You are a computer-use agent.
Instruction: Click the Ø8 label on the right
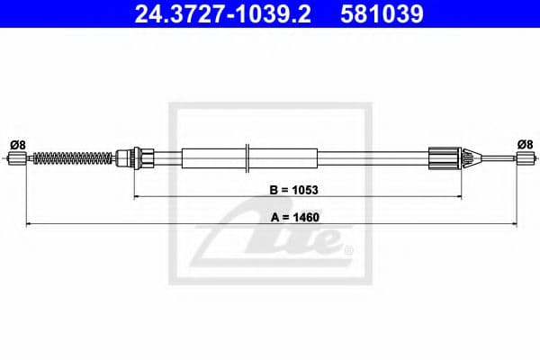click(525, 143)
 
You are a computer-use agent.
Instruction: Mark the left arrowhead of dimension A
click(28, 222)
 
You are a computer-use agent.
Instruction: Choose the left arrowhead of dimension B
click(136, 195)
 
